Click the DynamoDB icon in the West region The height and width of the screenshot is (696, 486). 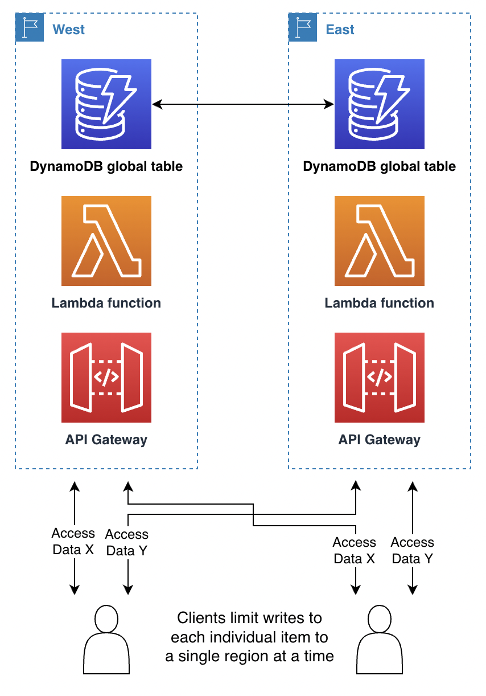tap(106, 104)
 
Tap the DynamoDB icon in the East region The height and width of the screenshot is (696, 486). tap(380, 104)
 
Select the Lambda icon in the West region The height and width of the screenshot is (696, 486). tap(106, 241)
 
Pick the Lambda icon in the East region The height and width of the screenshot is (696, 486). tap(380, 241)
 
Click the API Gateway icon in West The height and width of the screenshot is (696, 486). tap(106, 378)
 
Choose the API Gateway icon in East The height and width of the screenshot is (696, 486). tap(380, 378)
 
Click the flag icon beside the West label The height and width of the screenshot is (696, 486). tap(30, 28)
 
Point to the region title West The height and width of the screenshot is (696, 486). tap(68, 30)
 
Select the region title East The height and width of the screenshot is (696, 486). tap(340, 30)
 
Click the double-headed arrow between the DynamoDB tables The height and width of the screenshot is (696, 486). tap(243, 104)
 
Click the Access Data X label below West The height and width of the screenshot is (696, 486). tap(73, 542)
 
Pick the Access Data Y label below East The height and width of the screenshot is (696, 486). tap(413, 551)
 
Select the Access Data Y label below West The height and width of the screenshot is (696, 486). tap(127, 543)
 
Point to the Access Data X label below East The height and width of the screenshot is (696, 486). tap(355, 551)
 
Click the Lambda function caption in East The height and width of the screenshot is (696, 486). tap(380, 303)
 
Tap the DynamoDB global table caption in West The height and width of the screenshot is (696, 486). tap(106, 166)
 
